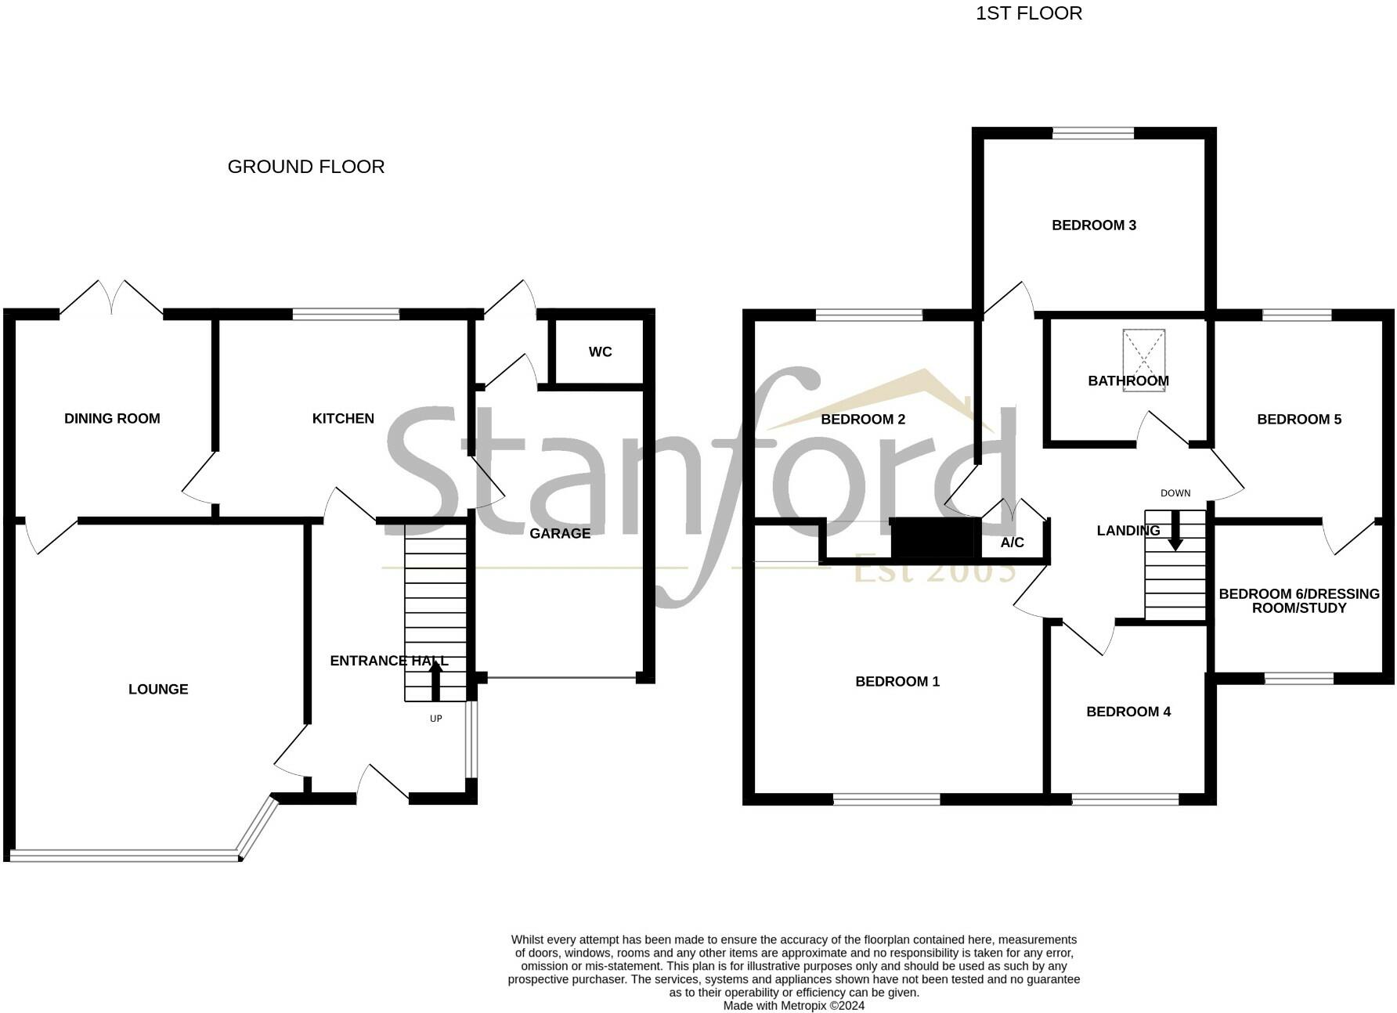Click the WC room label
(x=600, y=352)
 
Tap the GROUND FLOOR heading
(x=305, y=167)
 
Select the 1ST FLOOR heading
(x=1028, y=13)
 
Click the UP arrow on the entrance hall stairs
(x=435, y=680)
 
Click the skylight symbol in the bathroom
(x=1143, y=359)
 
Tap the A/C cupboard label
(x=1012, y=543)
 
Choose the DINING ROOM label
(x=112, y=419)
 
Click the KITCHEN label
(x=343, y=419)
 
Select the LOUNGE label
(x=158, y=690)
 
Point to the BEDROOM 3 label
(x=1093, y=225)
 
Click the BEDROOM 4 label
(x=1128, y=712)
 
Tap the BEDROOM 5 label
(x=1298, y=420)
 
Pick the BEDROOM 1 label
(x=897, y=682)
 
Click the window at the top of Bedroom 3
(x=1092, y=134)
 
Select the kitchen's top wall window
(x=345, y=315)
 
